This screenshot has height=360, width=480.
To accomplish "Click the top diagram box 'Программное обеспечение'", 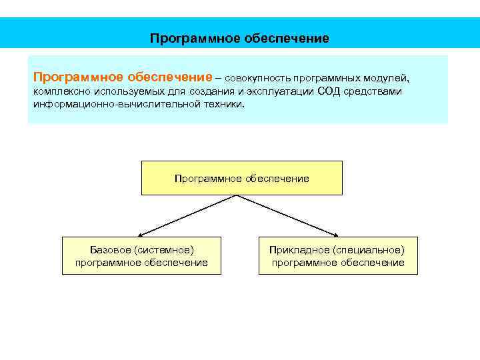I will (x=241, y=178).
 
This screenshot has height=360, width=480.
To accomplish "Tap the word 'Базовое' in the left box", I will (x=111, y=249).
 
